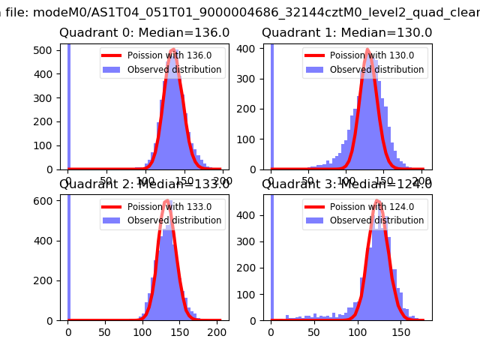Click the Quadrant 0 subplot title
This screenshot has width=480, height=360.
[x=145, y=33]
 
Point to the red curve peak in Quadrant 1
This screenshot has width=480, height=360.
[x=367, y=51]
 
